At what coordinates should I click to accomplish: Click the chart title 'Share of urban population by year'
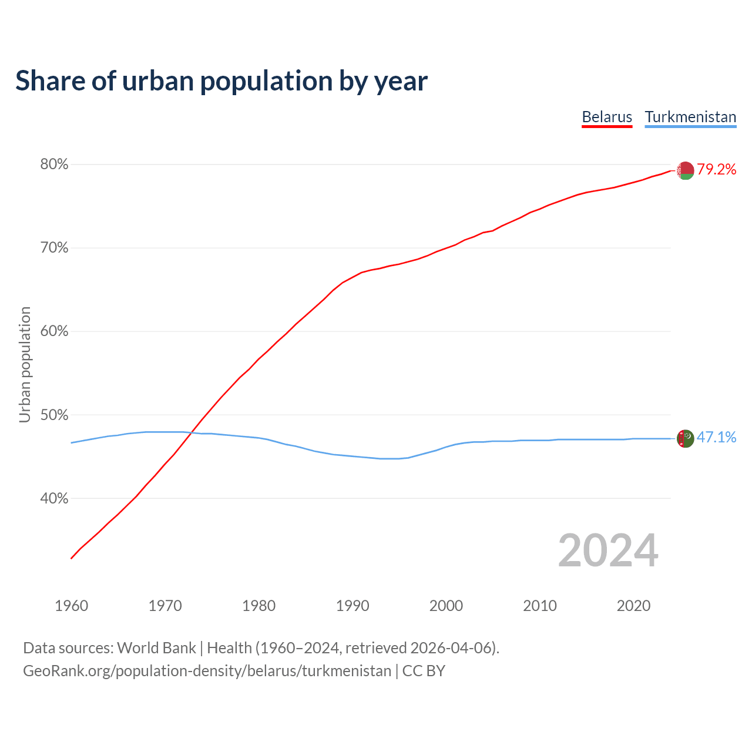click(x=221, y=81)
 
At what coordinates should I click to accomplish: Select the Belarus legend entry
click(x=607, y=117)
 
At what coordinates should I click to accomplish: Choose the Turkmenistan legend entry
click(x=690, y=117)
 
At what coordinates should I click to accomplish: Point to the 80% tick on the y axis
click(x=54, y=164)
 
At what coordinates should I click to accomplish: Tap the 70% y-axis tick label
click(x=54, y=248)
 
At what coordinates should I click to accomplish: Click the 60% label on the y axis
click(x=54, y=331)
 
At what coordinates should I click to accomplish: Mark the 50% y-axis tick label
click(x=54, y=415)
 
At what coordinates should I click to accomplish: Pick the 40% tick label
click(x=54, y=499)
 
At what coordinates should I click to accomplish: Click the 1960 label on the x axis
click(x=71, y=606)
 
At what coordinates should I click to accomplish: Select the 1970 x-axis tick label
click(x=165, y=606)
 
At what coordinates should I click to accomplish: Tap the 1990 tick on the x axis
click(x=352, y=606)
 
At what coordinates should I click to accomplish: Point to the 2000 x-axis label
click(x=446, y=606)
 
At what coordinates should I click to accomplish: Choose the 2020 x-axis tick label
click(x=633, y=606)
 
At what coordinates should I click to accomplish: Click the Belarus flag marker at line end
click(x=685, y=170)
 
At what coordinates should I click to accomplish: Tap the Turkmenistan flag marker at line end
click(x=685, y=438)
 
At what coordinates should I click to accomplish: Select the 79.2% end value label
click(x=716, y=170)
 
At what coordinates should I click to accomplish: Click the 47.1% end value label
click(x=716, y=438)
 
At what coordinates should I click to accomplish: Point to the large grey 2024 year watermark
click(x=608, y=550)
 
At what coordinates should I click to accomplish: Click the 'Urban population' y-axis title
click(x=25, y=364)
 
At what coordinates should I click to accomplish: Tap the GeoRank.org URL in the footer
click(x=207, y=671)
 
